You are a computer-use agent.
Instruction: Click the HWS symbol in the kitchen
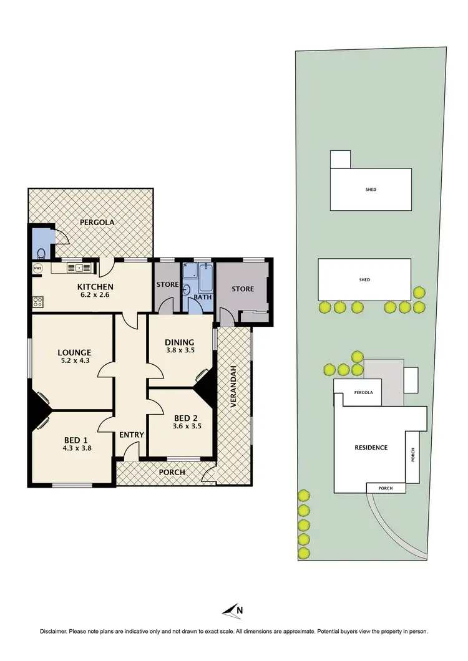click(x=37, y=268)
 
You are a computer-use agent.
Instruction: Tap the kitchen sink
click(x=79, y=268)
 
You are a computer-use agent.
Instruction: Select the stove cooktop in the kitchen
click(x=37, y=302)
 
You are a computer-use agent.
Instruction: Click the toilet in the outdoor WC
click(x=41, y=253)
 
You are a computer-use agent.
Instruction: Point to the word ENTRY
click(x=132, y=435)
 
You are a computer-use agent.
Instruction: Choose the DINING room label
click(x=179, y=342)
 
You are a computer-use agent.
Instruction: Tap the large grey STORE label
click(x=243, y=289)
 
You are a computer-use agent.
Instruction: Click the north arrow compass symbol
click(x=233, y=610)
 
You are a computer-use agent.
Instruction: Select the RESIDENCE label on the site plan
click(x=371, y=447)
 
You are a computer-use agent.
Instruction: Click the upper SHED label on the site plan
click(x=371, y=190)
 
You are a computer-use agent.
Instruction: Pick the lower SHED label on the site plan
click(x=364, y=280)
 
